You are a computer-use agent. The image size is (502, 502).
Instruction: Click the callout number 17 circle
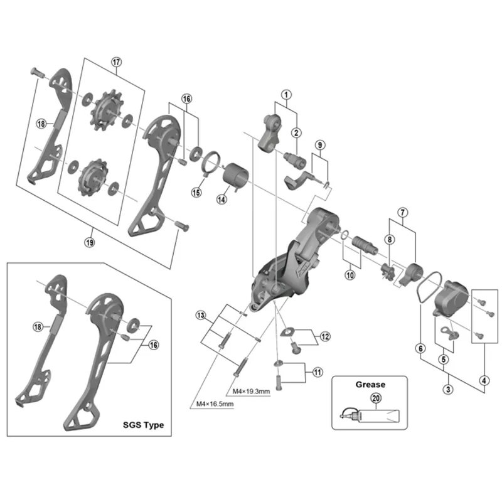click(117, 61)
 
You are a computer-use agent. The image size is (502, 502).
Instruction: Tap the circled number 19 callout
click(90, 242)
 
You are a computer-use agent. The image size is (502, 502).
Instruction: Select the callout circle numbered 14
click(222, 200)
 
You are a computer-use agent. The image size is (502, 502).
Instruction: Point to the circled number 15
click(196, 193)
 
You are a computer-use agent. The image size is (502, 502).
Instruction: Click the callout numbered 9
click(320, 145)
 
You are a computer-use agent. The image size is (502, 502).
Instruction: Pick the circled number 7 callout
click(402, 212)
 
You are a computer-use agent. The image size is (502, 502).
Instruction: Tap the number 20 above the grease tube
click(375, 398)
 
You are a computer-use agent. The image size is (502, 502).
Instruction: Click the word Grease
click(370, 385)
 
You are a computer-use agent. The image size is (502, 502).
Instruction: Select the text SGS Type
click(144, 425)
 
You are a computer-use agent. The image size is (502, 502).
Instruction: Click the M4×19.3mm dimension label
click(251, 391)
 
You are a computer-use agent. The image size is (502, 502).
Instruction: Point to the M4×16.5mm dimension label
click(215, 404)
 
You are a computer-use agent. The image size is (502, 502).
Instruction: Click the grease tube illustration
click(370, 415)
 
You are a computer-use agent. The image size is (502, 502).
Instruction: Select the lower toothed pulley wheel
click(93, 178)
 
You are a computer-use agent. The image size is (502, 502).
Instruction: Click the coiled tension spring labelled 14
click(237, 178)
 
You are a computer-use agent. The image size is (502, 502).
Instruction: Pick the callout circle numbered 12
click(325, 336)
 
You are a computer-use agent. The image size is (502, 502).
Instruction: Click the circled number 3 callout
click(448, 389)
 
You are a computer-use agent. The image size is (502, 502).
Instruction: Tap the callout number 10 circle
click(350, 275)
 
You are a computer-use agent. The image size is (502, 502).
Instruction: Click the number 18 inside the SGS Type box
click(38, 327)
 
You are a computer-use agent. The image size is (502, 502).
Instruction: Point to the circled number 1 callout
click(286, 95)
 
